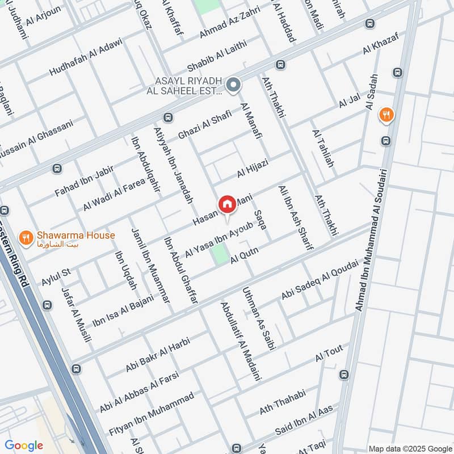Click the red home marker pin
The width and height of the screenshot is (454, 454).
coord(227,204)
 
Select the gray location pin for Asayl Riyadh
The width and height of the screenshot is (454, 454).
coord(233,86)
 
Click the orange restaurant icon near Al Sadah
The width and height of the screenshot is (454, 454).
coord(387,115)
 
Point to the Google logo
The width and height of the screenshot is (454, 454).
coord(24,445)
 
